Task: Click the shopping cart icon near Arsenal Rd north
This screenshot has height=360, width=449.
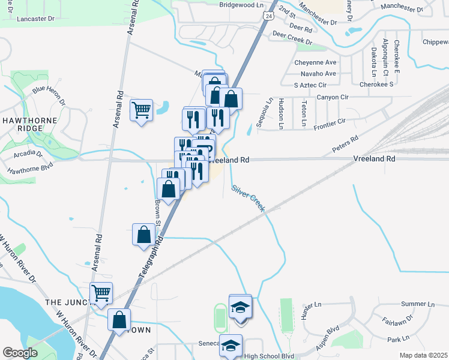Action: point(141,110)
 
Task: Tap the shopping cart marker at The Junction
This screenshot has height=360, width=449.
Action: point(101,293)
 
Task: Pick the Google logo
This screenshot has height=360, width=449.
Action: point(20,353)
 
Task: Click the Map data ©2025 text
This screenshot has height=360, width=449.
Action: point(424,355)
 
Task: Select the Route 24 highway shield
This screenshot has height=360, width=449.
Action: point(265,15)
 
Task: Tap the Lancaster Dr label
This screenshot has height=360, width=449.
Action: point(35,19)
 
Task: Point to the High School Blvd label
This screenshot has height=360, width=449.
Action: point(270,356)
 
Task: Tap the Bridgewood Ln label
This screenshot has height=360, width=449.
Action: point(241,4)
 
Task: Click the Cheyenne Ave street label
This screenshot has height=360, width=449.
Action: point(315,62)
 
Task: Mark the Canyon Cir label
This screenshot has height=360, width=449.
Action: point(333,97)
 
